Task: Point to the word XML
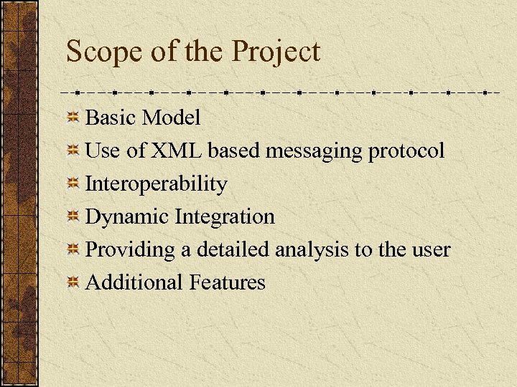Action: tap(177, 150)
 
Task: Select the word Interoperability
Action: tap(156, 184)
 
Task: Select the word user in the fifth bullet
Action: tap(431, 250)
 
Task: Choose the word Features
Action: tap(228, 282)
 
